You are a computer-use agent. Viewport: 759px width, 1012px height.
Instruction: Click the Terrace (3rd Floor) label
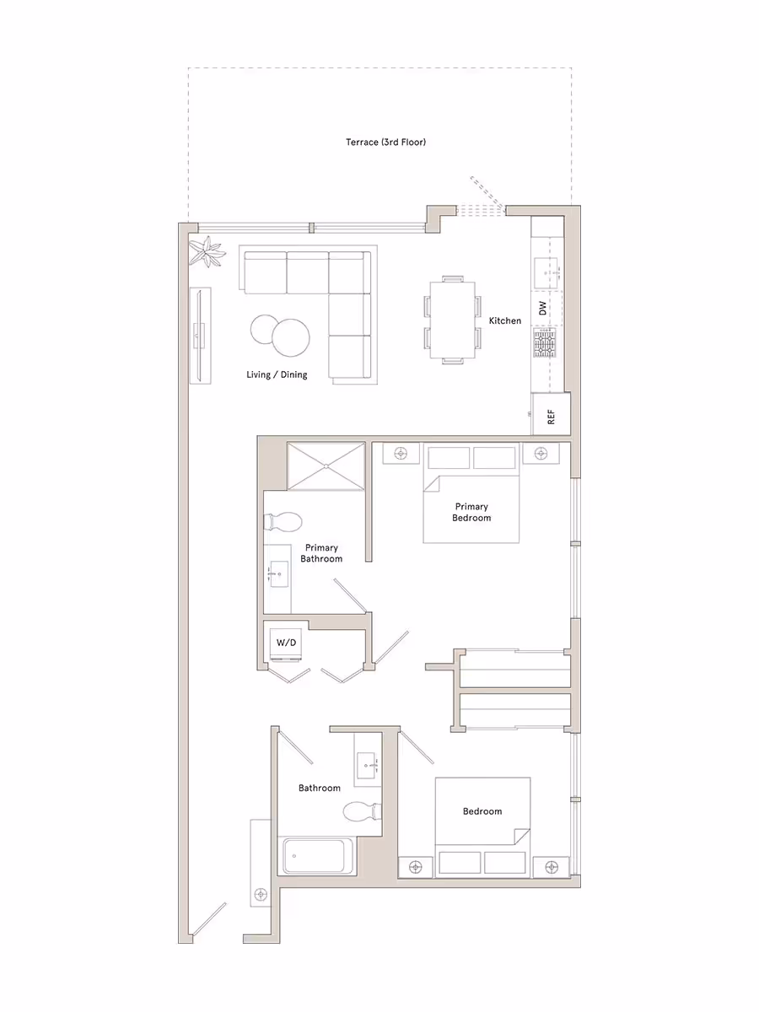(385, 143)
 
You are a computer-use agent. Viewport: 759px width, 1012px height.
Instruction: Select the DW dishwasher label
(542, 307)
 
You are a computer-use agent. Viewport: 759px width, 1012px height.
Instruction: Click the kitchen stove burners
(545, 344)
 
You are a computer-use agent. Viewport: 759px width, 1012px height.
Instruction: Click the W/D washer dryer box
(287, 643)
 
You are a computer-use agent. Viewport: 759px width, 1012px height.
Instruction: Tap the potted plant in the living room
(207, 251)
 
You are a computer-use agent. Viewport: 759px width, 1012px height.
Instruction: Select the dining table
(453, 319)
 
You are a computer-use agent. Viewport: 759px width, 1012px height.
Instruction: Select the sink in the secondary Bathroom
(369, 766)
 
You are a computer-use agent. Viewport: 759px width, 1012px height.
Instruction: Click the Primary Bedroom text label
(471, 512)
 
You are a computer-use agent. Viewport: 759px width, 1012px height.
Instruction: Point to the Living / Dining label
(277, 374)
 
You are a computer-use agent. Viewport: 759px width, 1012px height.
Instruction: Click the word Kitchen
(505, 320)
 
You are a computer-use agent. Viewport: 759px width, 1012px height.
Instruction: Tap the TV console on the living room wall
(199, 336)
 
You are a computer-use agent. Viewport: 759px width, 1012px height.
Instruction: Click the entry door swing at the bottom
(208, 920)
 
